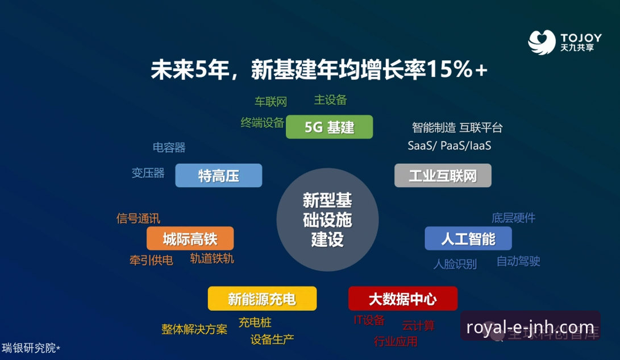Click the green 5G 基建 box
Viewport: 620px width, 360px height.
[x=329, y=127]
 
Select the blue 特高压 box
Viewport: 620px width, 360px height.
[x=218, y=176]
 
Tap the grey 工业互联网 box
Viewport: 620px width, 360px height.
[x=443, y=176]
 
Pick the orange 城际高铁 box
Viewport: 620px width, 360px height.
[x=190, y=239]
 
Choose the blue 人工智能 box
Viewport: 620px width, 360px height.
[x=468, y=238]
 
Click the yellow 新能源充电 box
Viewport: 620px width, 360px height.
[x=262, y=299]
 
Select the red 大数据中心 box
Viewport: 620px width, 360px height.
[x=402, y=299]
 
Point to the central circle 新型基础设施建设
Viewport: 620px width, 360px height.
[x=327, y=220]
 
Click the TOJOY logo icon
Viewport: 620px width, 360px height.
[x=541, y=42]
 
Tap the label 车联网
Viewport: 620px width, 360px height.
[x=271, y=102]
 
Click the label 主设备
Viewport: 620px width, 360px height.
[x=330, y=100]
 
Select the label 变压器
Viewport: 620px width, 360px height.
[x=148, y=173]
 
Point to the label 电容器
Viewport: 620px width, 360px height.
[x=169, y=148]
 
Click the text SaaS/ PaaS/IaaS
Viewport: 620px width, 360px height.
[x=449, y=146]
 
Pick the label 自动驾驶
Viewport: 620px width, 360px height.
[x=518, y=261]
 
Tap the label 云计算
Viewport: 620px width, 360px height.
[x=418, y=326]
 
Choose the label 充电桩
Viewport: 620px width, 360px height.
[x=255, y=322]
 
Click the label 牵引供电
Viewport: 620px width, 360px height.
[x=151, y=260]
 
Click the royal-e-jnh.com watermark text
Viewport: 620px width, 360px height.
[x=530, y=328]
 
